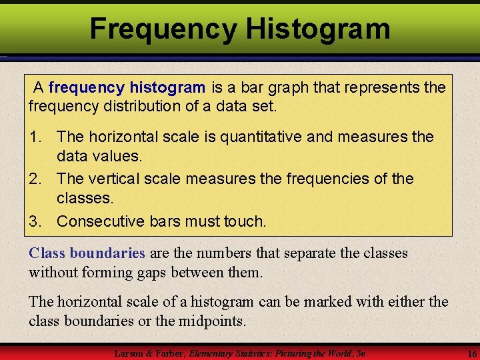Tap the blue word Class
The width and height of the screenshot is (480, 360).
pos(47,253)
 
